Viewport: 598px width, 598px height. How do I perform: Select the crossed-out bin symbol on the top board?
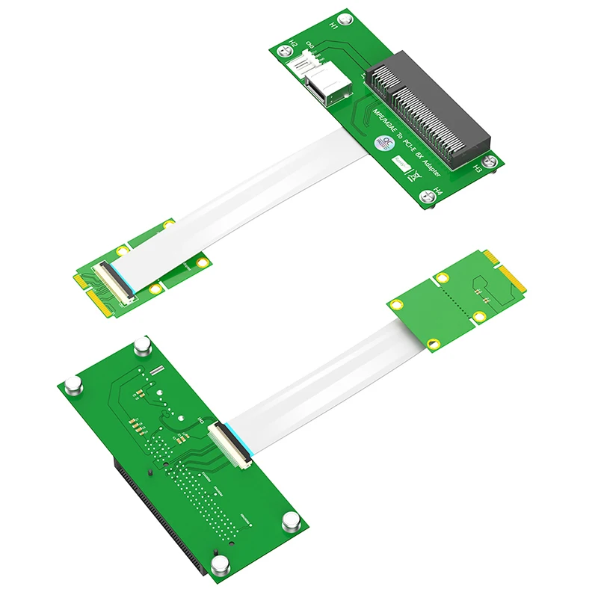click(410, 176)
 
